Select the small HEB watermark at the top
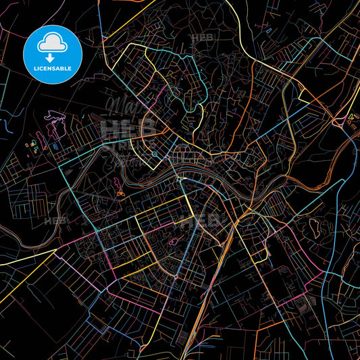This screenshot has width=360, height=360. click(x=203, y=38)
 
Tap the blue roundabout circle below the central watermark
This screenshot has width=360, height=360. click(x=155, y=153)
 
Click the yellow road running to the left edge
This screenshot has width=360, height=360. click(x=20, y=260)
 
